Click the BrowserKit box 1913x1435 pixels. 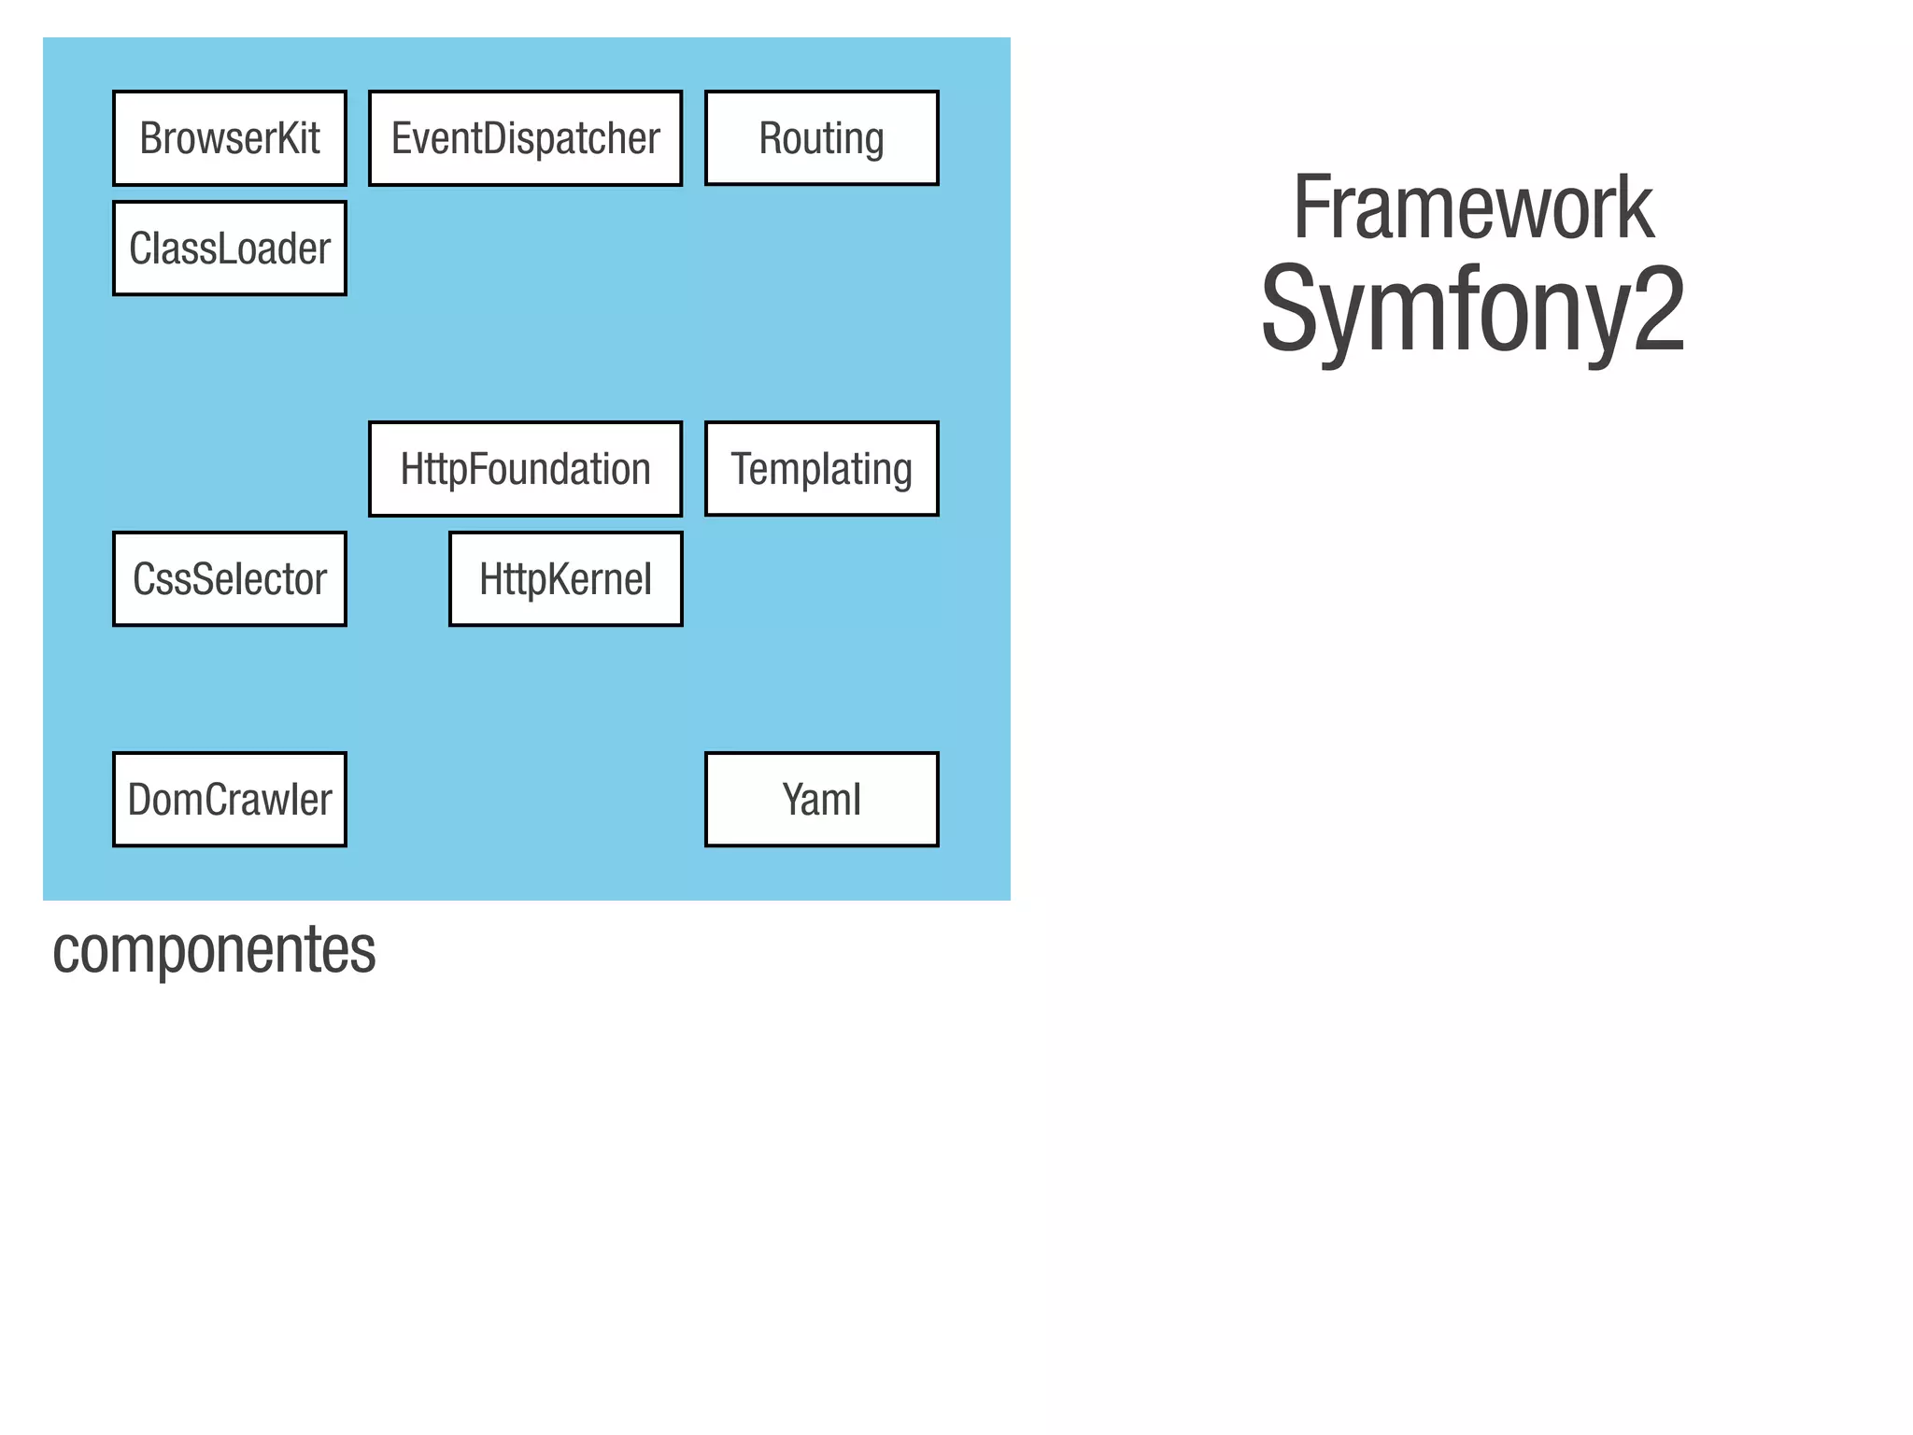click(230, 138)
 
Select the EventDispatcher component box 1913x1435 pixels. click(525, 138)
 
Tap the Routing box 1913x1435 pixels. click(821, 138)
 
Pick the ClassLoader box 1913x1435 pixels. click(230, 249)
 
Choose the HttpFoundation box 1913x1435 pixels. click(525, 469)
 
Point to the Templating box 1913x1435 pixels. click(821, 469)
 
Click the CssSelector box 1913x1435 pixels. click(230, 579)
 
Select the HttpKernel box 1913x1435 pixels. click(565, 579)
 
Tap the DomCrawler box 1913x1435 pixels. click(230, 800)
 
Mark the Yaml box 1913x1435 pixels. click(821, 800)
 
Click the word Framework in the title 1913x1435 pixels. click(1472, 208)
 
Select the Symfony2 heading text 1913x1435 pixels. click(1472, 310)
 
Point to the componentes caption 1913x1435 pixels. click(214, 950)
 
